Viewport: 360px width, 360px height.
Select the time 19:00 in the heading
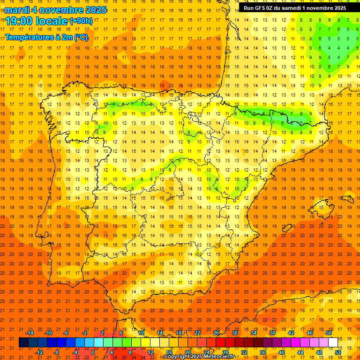(19, 21)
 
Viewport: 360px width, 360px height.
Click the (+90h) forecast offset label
(81, 21)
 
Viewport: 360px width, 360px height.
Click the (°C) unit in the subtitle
(81, 37)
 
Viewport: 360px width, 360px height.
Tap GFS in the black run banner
(262, 7)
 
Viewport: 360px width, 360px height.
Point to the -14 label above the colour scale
(30, 333)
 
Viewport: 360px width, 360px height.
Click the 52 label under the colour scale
(338, 352)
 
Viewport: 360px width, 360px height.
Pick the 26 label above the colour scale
(216, 333)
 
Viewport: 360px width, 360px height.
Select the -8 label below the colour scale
(57, 352)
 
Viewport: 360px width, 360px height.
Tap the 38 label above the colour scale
(272, 333)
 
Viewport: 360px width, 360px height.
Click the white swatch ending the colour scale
(333, 343)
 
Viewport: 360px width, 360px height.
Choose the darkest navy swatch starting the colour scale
(23, 343)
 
